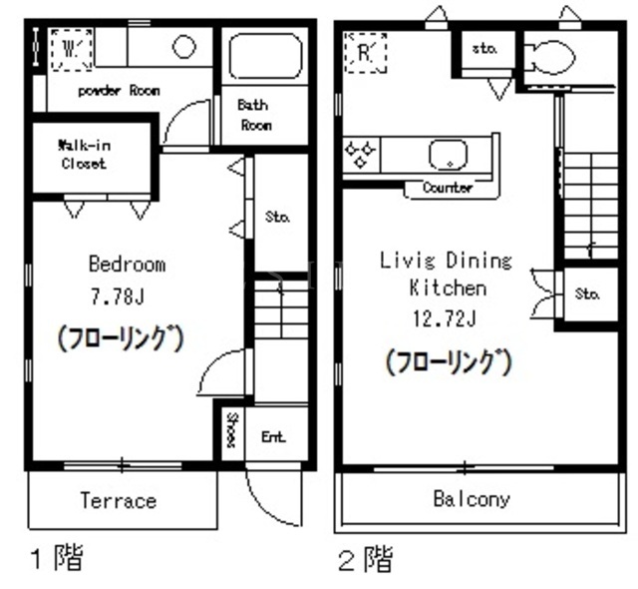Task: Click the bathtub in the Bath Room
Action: coord(265,55)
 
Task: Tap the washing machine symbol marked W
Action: coord(71,50)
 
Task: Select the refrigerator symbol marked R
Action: coord(365,53)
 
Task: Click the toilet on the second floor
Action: coord(549,58)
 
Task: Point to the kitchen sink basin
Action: coord(448,155)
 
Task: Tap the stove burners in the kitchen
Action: coord(360,155)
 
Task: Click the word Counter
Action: coord(448,188)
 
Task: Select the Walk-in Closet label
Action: coord(84,155)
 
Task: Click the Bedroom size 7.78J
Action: coord(118,296)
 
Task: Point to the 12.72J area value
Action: coord(445,318)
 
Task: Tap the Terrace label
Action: coord(119,500)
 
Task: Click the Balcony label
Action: coord(472,499)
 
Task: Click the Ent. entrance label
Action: coord(273,437)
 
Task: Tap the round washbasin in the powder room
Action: coord(183,47)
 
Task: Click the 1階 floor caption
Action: coord(57,557)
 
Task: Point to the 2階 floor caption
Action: coord(366,559)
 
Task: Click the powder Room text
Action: coord(119,91)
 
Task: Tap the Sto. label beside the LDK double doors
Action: coord(587,294)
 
